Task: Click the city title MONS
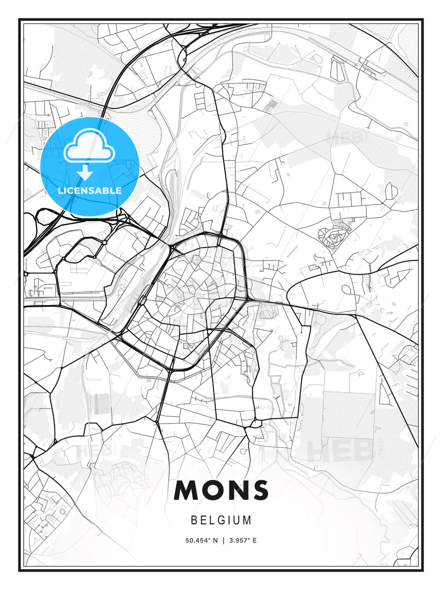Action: [x=221, y=490]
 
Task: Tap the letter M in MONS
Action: [x=186, y=490]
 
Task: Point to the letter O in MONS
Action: [x=214, y=490]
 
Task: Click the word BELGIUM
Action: [x=221, y=520]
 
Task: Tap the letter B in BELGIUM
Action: [x=194, y=520]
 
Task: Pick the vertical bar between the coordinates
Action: [x=223, y=540]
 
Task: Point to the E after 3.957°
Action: [x=255, y=540]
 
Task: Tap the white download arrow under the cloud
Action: [x=85, y=173]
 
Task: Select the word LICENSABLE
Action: [x=90, y=191]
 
